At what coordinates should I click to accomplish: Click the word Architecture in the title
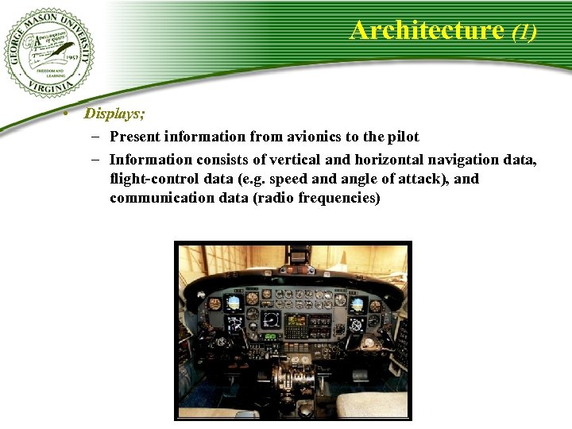[427, 30]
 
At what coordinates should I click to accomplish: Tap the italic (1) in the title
[524, 32]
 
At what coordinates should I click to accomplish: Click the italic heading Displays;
[115, 114]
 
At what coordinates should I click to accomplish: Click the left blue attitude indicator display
[234, 303]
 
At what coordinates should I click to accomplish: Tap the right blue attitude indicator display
[357, 304]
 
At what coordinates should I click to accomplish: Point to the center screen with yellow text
[296, 322]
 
